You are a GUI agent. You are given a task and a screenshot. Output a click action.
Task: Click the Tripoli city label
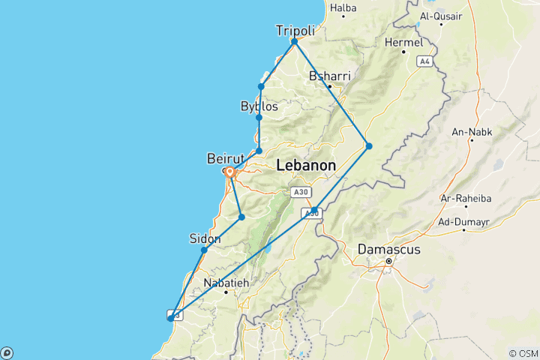[295, 30]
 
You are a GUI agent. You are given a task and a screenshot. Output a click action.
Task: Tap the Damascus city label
[388, 248]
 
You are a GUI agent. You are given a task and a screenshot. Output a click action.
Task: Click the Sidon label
[205, 238]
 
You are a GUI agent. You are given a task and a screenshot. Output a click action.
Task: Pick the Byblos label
[259, 106]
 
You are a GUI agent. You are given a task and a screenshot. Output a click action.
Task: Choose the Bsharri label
[329, 76]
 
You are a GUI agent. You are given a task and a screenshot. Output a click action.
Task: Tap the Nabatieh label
[226, 283]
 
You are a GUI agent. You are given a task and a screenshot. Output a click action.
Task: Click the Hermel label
[403, 43]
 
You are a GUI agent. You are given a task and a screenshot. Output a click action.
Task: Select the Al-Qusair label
[441, 15]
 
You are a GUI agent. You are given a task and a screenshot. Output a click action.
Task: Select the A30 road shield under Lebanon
[301, 193]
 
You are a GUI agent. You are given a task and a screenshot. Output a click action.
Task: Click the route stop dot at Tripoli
[295, 41]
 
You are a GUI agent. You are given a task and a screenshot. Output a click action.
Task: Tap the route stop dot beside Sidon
[204, 250]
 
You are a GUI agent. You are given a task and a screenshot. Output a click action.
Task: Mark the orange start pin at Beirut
[230, 172]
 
